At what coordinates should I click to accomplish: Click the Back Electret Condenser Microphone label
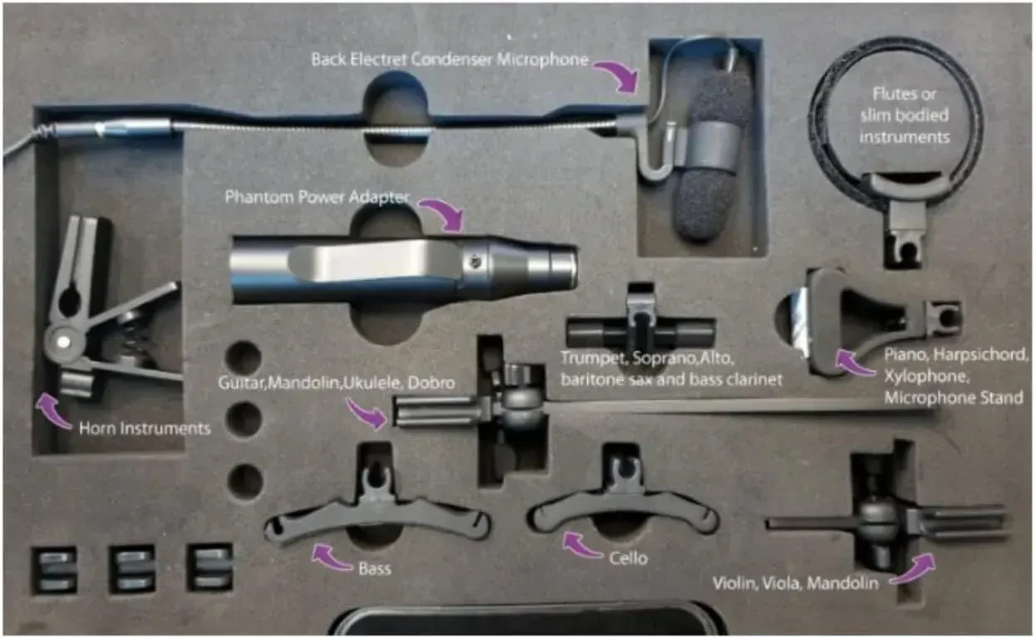[x=450, y=60]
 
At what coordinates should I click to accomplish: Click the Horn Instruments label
[x=144, y=429]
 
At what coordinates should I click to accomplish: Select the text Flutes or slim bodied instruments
[x=904, y=115]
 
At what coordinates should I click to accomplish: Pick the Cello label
[x=630, y=559]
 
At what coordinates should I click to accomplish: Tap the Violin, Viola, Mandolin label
[x=796, y=583]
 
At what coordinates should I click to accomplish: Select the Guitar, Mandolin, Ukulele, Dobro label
[x=337, y=384]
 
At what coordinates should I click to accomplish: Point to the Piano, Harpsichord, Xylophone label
[x=956, y=376]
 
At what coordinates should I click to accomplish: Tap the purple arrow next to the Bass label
[x=328, y=554]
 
